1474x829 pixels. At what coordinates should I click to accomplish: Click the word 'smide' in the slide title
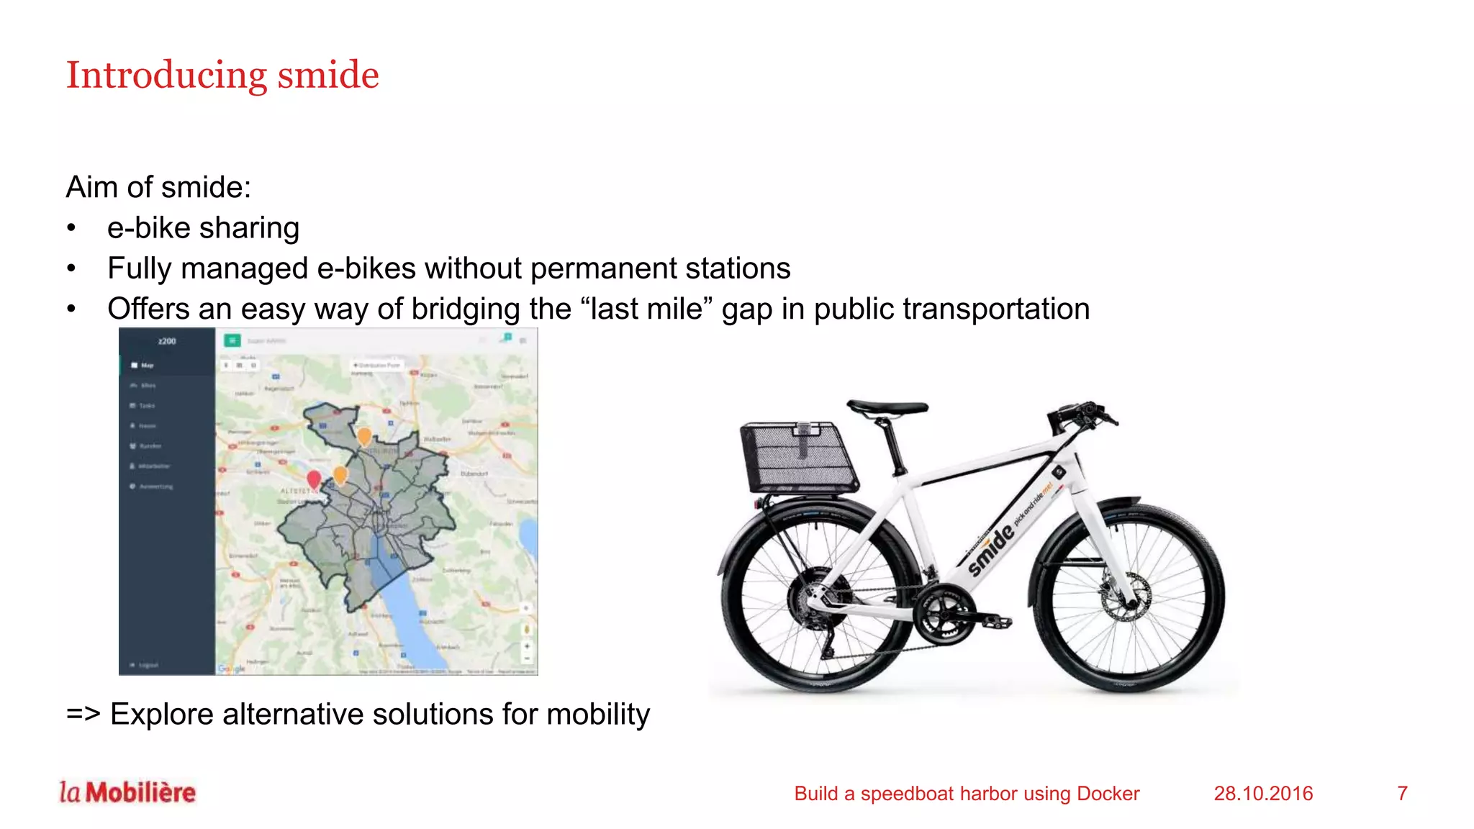pos(328,76)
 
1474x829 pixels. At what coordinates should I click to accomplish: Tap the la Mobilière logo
pos(127,792)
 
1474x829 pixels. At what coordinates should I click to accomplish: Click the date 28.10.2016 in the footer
pos(1263,793)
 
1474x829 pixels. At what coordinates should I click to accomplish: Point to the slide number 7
pos(1402,793)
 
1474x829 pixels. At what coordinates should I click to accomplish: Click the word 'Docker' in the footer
pos(1108,793)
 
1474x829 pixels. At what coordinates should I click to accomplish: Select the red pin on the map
pos(314,479)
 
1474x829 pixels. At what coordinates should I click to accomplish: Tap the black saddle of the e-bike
pos(887,408)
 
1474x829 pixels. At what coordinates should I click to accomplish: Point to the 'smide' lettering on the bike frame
pos(991,551)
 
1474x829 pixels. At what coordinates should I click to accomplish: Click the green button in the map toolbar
pos(232,341)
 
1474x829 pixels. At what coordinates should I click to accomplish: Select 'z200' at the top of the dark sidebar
pos(167,341)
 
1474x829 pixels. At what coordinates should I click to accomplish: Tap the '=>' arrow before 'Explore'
pos(83,714)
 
